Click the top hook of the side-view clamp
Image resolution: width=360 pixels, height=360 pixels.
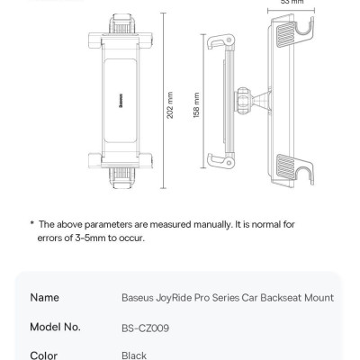coord(217,42)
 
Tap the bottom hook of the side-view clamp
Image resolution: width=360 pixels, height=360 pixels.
coord(217,162)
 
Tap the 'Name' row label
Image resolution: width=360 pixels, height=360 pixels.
coord(44,297)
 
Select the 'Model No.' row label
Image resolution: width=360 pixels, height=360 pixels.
coord(55,327)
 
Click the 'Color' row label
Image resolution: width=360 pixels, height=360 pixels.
coord(44,355)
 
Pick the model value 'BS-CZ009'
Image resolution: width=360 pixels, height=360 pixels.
coord(145,327)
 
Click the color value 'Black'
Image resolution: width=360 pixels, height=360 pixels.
coord(134,355)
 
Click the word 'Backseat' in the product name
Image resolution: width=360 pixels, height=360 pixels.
coord(279,297)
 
